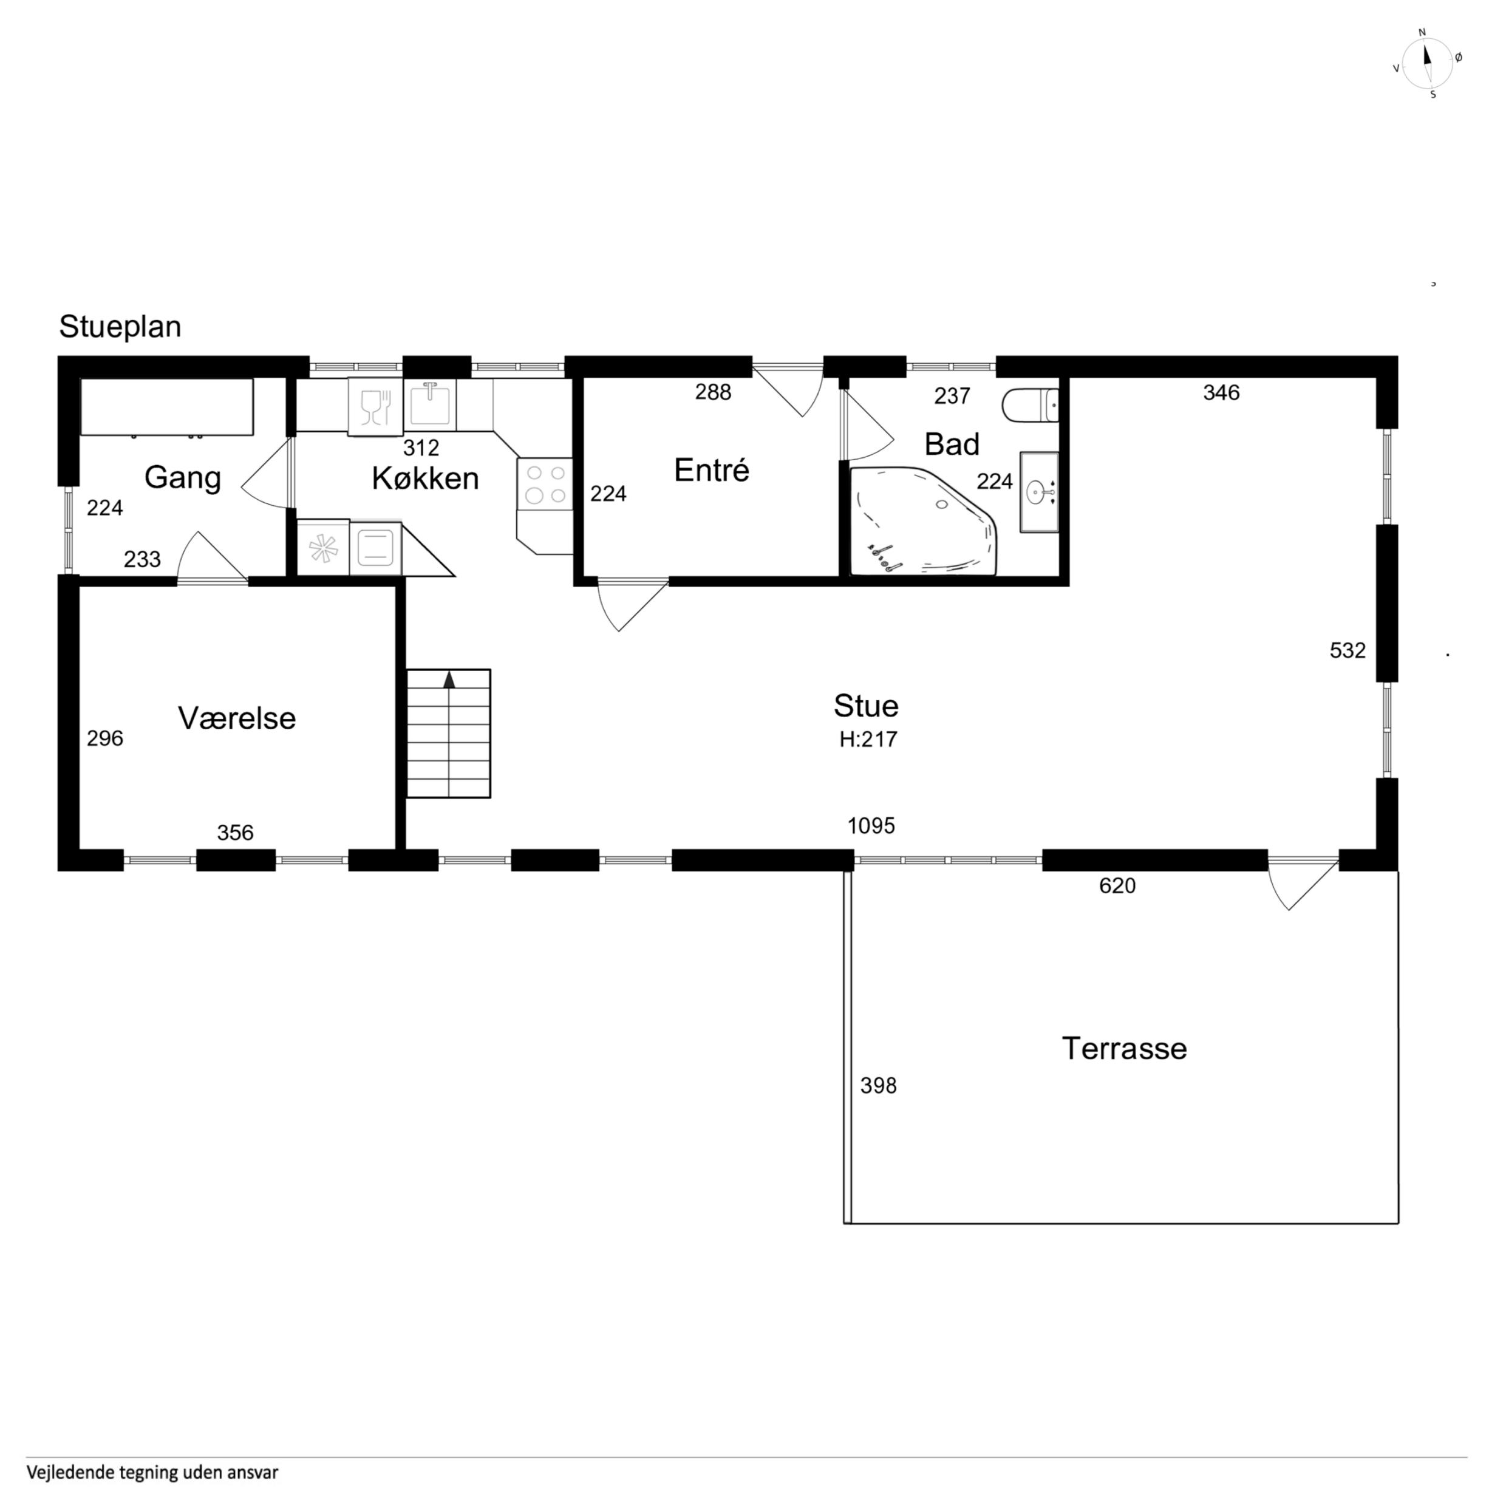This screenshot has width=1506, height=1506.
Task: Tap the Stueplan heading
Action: (x=120, y=327)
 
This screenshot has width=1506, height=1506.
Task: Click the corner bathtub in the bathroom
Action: (x=922, y=520)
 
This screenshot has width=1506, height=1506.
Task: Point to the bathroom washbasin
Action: (x=1039, y=492)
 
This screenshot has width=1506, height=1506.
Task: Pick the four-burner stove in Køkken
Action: (x=545, y=484)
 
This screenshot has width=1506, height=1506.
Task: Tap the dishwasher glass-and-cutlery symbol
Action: (x=376, y=407)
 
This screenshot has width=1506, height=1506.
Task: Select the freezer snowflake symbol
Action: (x=322, y=547)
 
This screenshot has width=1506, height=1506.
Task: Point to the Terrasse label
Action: (x=1124, y=1049)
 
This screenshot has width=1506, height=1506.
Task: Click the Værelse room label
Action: (x=237, y=718)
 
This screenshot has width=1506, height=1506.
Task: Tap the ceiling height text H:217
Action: (x=868, y=739)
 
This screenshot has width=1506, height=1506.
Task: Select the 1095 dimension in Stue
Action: (x=871, y=825)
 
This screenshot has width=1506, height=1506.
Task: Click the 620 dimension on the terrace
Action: (x=1117, y=885)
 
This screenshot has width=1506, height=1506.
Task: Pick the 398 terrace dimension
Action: (x=879, y=1086)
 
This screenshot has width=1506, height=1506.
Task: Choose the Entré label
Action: (x=712, y=470)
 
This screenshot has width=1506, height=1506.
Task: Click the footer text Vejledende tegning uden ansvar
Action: (x=153, y=1473)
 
